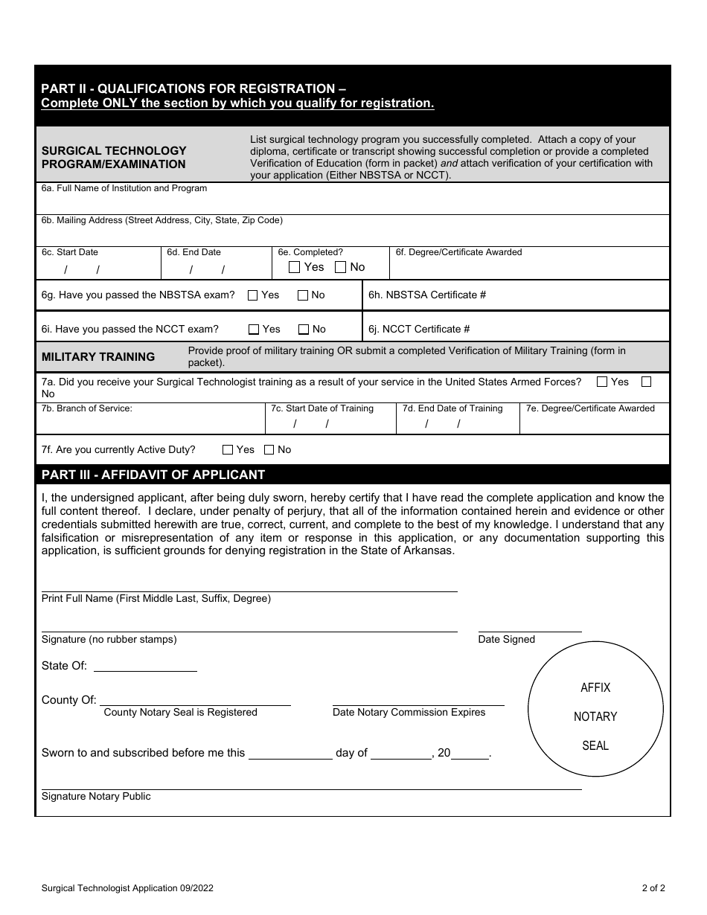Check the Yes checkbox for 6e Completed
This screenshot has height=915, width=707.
point(295,267)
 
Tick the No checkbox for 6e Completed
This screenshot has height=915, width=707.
point(340,267)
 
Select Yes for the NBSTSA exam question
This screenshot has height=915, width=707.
point(252,295)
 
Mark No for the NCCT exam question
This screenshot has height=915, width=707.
point(304,330)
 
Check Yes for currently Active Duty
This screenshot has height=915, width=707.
point(228,450)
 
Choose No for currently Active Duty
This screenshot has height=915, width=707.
point(269,450)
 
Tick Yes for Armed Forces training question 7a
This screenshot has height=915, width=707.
point(602,382)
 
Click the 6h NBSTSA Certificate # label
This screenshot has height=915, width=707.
point(427,295)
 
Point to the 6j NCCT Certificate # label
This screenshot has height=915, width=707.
point(420,330)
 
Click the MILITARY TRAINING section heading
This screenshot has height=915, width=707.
point(98,357)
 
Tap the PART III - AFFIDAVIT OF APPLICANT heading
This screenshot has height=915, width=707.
point(153,475)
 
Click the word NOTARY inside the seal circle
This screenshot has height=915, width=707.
point(595,717)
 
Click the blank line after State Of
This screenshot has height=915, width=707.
point(145,667)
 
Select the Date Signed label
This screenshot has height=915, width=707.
point(506,640)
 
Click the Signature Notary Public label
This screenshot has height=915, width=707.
point(96,797)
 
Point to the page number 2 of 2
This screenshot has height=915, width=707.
point(653,887)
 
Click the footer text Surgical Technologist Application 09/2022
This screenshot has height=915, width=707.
point(128,887)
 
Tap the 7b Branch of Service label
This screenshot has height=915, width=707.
point(87,408)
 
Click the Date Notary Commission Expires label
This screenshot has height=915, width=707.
point(409,713)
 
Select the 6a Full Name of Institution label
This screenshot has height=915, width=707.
point(124,189)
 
